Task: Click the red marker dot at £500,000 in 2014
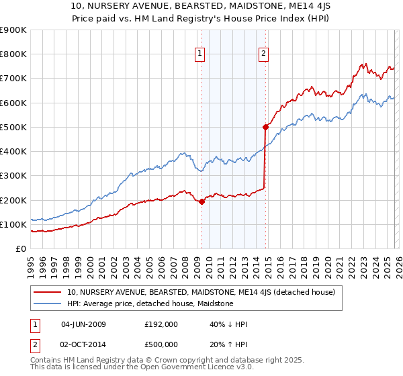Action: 265,127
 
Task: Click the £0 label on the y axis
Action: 21,249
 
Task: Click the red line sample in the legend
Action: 48,292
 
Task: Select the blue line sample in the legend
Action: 48,303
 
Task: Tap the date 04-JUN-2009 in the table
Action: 83,324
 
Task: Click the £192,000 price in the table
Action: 161,324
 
